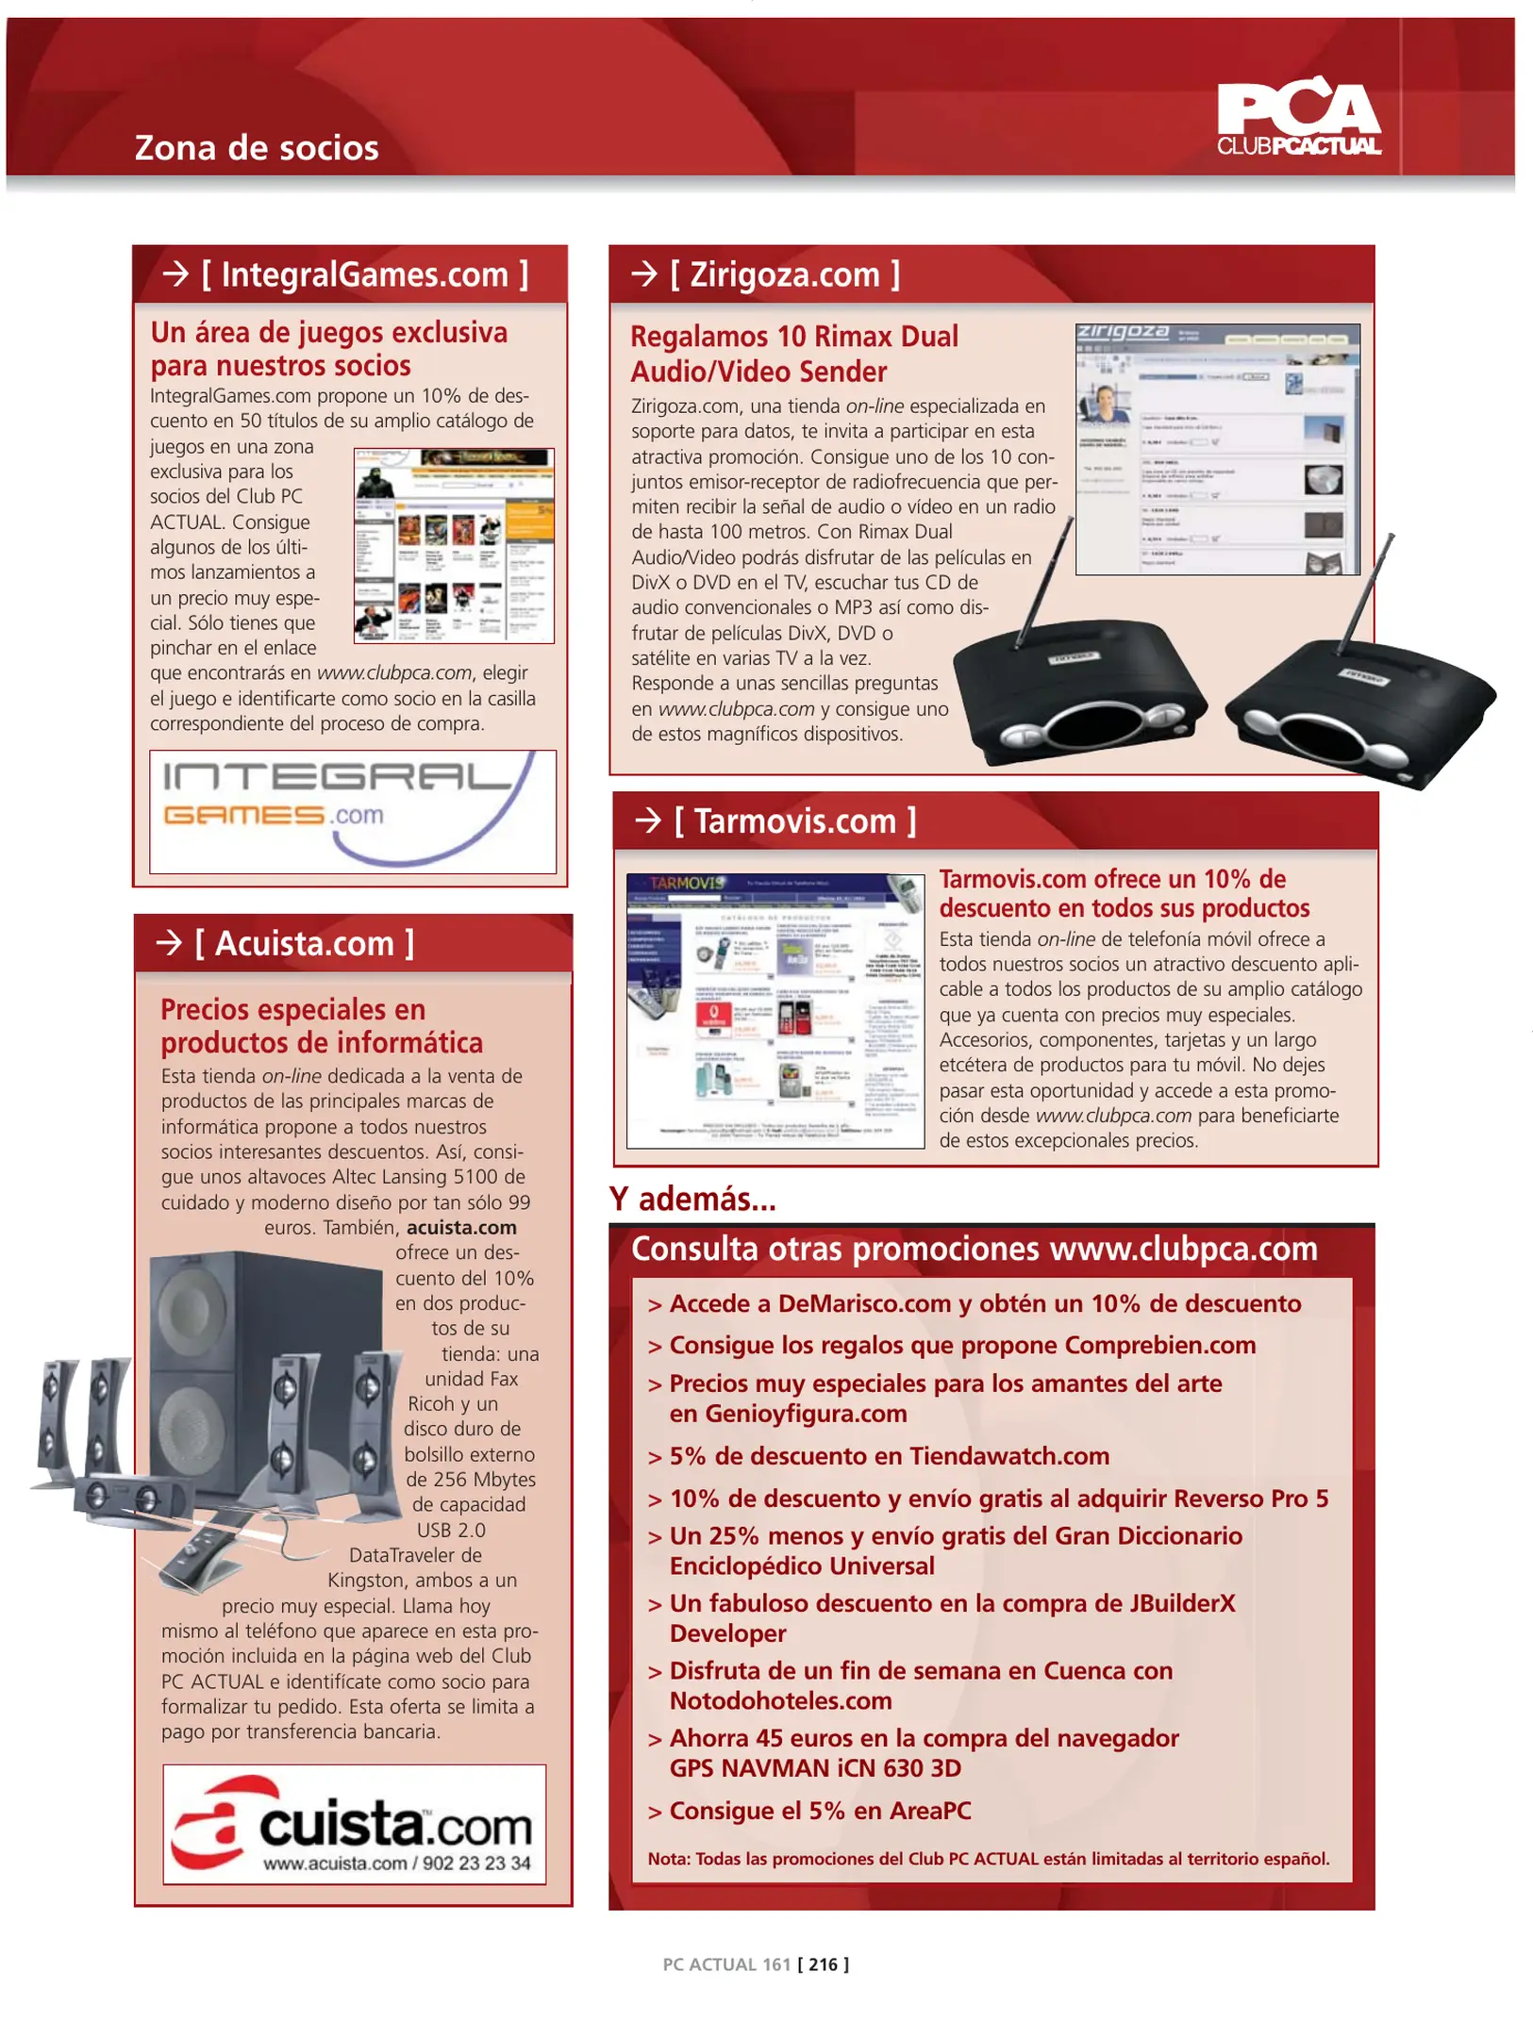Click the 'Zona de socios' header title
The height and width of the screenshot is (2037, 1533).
point(257,148)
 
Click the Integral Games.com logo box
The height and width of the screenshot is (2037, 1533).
point(352,810)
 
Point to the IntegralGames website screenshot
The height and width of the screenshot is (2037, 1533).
point(453,546)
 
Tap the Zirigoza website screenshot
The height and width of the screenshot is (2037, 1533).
point(1217,449)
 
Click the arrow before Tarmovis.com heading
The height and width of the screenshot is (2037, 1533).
point(647,820)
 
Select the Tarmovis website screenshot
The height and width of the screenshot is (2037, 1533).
point(775,1010)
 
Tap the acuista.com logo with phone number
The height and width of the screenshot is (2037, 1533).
point(354,1823)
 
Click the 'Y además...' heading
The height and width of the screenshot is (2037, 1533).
point(692,1199)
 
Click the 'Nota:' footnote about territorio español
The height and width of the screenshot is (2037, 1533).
point(988,1859)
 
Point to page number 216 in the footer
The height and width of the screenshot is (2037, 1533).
point(823,1964)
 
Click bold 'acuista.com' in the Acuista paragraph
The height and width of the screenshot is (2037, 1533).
point(461,1227)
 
